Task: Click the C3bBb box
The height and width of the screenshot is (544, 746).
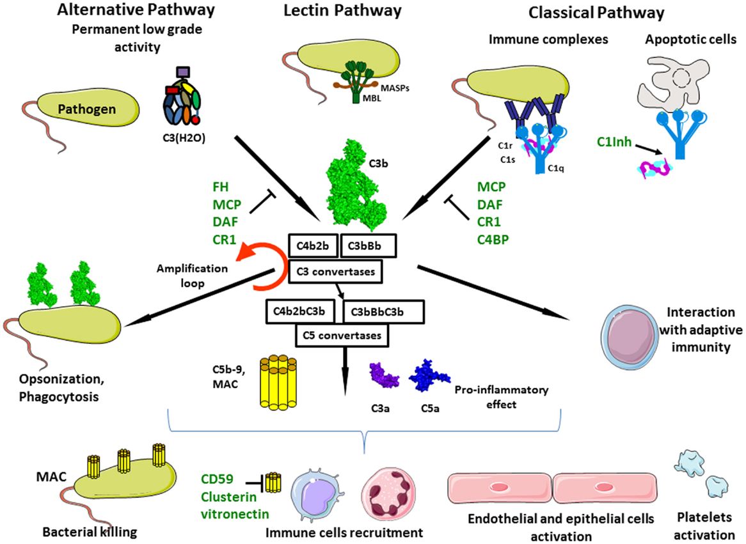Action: click(x=370, y=244)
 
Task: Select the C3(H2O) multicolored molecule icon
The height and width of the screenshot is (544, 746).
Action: click(x=179, y=100)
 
